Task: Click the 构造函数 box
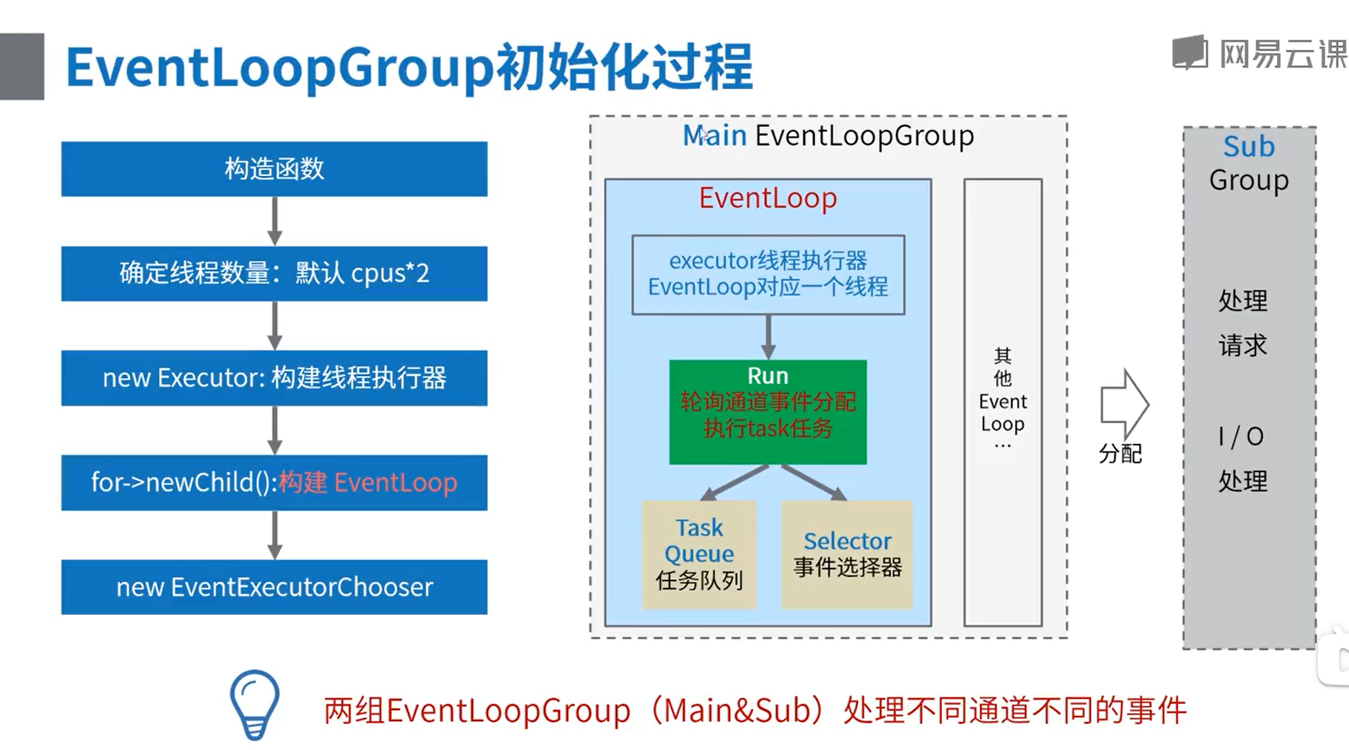click(x=274, y=169)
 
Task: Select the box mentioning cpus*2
click(x=274, y=273)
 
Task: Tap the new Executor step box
click(x=274, y=378)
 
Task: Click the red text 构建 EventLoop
click(x=368, y=483)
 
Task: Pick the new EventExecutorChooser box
click(x=274, y=587)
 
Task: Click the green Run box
click(x=768, y=412)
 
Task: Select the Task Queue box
click(x=699, y=555)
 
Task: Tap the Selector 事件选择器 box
click(x=846, y=555)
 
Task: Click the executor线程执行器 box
click(x=768, y=275)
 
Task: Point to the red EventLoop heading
click(x=768, y=198)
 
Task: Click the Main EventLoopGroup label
click(x=828, y=136)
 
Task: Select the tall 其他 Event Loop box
click(x=1002, y=402)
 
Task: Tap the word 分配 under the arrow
click(x=1120, y=454)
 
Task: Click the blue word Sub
click(x=1249, y=147)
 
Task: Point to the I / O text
click(x=1241, y=437)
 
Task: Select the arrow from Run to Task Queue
click(x=734, y=483)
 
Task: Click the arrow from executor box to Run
click(x=768, y=337)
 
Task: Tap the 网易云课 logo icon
click(x=1190, y=53)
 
